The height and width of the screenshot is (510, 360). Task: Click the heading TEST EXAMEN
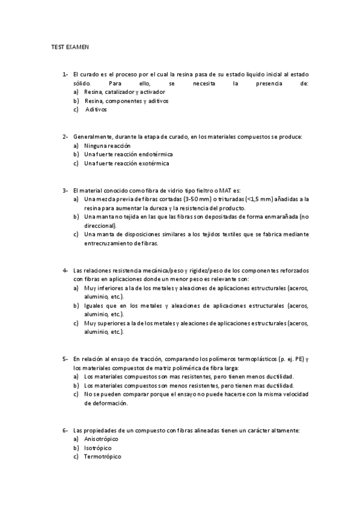coord(70,46)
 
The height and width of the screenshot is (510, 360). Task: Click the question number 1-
coord(65,74)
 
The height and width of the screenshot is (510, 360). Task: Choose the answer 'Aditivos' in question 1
coord(96,110)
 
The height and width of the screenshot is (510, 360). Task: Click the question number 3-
coord(65,191)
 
